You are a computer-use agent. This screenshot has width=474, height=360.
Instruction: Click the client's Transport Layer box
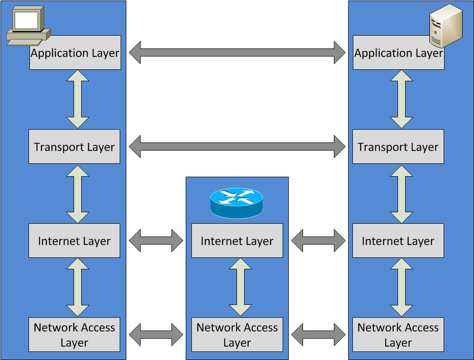[x=74, y=147]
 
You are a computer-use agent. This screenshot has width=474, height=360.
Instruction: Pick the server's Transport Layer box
[x=398, y=147]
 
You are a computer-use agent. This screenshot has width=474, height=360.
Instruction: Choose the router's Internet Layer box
[x=237, y=241]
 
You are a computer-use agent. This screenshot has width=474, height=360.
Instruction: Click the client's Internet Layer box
[x=74, y=241]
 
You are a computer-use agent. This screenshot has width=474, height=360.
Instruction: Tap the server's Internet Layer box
[x=398, y=241]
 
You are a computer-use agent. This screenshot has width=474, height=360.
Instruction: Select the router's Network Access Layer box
[x=237, y=335]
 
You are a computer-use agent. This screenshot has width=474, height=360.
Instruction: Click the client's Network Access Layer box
[x=74, y=335]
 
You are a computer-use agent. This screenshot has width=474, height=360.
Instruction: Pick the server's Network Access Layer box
[x=398, y=335]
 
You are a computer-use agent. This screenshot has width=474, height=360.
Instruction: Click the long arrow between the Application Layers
[x=237, y=52]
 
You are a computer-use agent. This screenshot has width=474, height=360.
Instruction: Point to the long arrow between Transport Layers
[x=237, y=146]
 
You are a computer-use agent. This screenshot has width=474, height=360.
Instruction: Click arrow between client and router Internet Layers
[x=156, y=241]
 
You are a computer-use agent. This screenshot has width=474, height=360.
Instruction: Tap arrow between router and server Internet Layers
[x=318, y=241]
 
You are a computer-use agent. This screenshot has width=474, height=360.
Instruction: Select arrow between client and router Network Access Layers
[x=156, y=335]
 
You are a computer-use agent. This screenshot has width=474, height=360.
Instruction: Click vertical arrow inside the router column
[x=240, y=287]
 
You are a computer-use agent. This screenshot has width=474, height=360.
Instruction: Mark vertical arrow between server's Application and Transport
[x=401, y=99]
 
